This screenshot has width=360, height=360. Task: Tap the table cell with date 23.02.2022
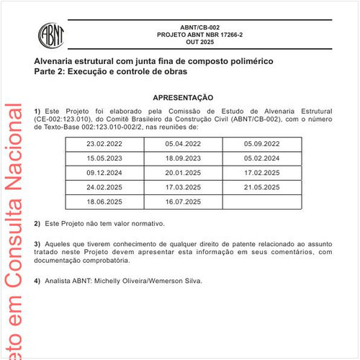coord(104,143)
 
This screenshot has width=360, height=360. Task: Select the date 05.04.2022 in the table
coord(183,143)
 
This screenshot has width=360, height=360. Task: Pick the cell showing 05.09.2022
coord(261,143)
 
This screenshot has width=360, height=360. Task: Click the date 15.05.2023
coord(104,158)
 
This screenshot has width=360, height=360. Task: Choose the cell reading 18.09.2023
coord(183,158)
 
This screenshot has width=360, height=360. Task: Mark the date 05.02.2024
coord(261,158)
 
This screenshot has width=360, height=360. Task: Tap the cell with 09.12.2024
coord(104,174)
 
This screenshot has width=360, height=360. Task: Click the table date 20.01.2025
coord(183,174)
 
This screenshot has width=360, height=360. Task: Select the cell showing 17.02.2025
coord(261,174)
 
